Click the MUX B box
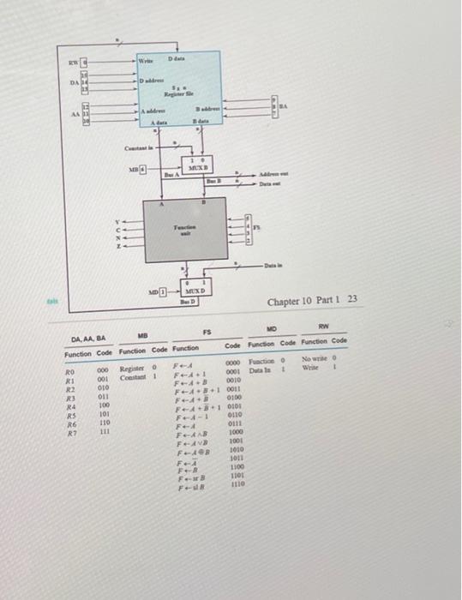click(x=198, y=165)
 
